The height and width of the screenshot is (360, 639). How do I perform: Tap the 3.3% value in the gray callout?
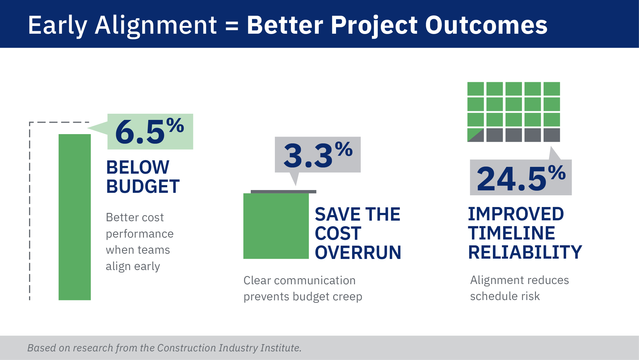click(x=317, y=155)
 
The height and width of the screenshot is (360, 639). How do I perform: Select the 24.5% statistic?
click(x=521, y=178)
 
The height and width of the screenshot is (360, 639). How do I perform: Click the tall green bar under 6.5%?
click(x=75, y=217)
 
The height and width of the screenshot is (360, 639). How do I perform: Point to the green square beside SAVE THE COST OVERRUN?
click(x=276, y=226)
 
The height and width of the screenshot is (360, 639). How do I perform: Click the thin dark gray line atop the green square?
click(x=284, y=192)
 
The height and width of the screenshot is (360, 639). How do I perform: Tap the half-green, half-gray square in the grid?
click(x=475, y=135)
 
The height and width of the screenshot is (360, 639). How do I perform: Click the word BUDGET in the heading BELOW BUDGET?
click(x=143, y=187)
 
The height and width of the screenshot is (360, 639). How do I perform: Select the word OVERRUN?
click(x=358, y=252)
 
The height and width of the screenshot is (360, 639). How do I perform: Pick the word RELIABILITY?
click(x=525, y=252)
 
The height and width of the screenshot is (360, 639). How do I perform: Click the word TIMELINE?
click(x=511, y=233)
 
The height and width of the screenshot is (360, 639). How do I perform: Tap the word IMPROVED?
click(x=516, y=214)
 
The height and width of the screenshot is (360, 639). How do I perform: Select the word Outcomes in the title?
click(x=486, y=25)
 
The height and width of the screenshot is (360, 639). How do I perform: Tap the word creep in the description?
click(x=347, y=297)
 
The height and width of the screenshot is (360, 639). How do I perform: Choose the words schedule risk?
click(x=505, y=296)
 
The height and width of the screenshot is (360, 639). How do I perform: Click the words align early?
click(x=133, y=266)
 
